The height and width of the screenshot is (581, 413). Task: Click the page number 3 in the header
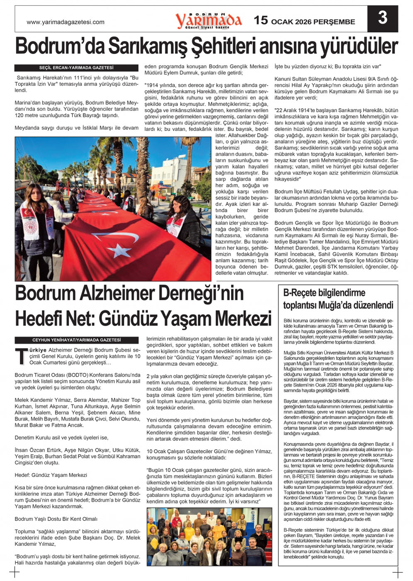(382, 18)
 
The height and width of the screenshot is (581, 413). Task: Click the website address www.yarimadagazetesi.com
(66, 22)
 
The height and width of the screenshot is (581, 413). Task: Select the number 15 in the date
(261, 20)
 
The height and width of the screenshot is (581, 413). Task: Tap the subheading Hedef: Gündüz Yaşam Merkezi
(51, 475)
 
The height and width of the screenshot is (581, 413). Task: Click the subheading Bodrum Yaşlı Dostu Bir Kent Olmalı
(56, 519)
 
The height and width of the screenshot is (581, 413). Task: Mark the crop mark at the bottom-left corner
(15, 573)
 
